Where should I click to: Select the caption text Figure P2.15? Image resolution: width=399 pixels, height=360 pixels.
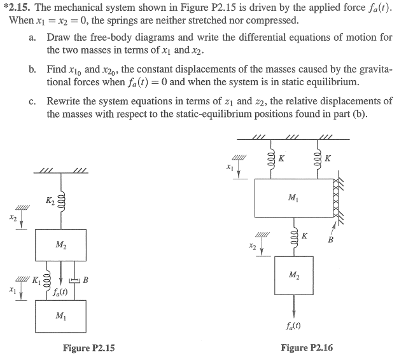[x=89, y=347]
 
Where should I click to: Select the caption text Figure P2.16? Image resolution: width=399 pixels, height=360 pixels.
[x=307, y=347]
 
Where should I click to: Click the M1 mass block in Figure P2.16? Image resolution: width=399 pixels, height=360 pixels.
[x=292, y=198]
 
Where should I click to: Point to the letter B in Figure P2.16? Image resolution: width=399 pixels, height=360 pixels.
[x=330, y=240]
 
